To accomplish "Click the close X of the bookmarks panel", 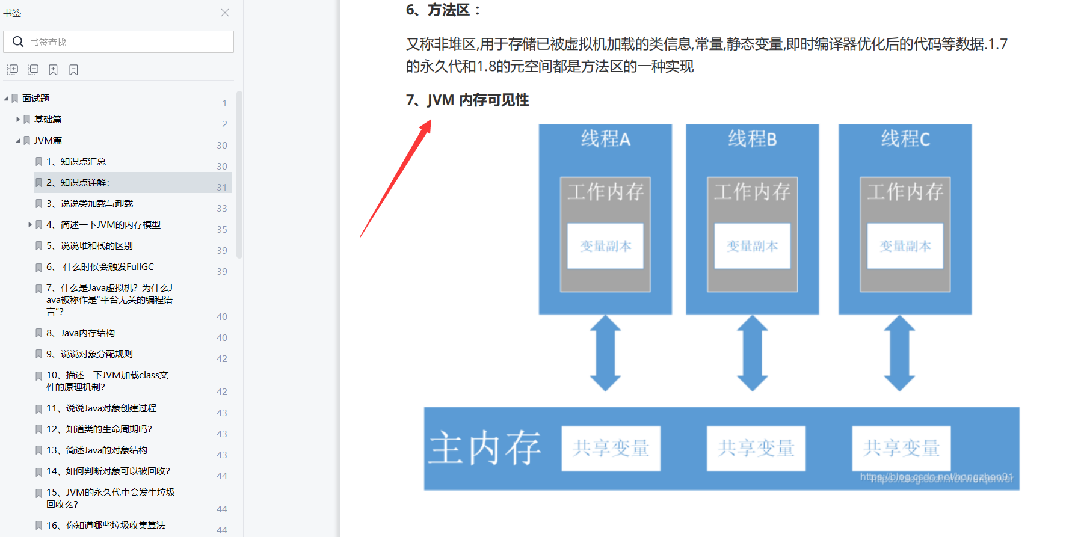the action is [225, 13].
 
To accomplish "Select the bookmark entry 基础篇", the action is [48, 120].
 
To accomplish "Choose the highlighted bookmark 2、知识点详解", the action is [78, 183].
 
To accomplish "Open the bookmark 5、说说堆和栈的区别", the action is [90, 246].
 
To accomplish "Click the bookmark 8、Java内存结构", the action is [81, 333].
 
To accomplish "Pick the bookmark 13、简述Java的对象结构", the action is [97, 450].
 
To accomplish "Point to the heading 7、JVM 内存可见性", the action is [467, 100].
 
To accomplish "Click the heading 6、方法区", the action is [443, 10].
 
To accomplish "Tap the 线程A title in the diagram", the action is [605, 140].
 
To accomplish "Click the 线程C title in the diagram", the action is [905, 140].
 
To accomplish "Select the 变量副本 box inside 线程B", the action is [752, 246].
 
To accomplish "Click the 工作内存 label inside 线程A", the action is [605, 192].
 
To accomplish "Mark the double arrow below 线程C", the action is [899, 353].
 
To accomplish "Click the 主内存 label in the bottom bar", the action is [484, 448].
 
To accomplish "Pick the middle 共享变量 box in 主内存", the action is [756, 448].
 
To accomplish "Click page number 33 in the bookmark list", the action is [222, 209].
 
